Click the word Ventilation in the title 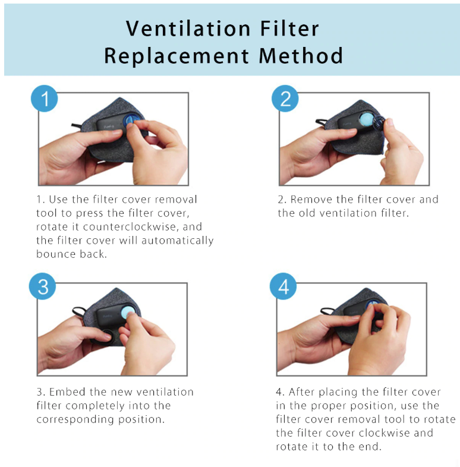(188, 29)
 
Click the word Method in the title (301, 56)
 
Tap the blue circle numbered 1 (45, 99)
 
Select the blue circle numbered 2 (285, 99)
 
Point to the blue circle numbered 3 (43, 286)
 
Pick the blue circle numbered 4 (283, 286)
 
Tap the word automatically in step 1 (178, 241)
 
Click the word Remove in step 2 (311, 199)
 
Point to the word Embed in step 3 (67, 392)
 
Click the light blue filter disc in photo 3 (128, 313)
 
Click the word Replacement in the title (177, 56)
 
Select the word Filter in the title (289, 29)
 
